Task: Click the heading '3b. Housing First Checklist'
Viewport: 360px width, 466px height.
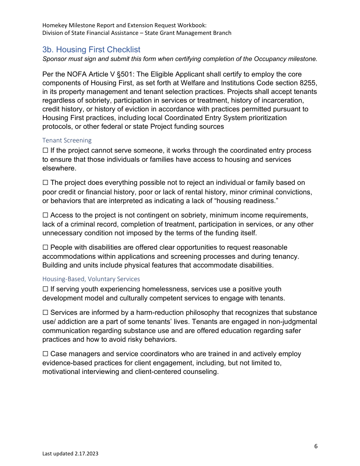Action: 91,50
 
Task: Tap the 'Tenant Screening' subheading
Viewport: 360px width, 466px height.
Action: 67,140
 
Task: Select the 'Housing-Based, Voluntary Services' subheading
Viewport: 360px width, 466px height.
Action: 91,279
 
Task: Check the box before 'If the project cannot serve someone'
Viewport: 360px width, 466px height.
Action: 45,151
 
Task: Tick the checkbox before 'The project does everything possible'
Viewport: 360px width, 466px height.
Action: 45,183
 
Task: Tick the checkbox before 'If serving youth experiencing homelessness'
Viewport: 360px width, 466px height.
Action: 45,289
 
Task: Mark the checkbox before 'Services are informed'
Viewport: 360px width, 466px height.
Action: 45,313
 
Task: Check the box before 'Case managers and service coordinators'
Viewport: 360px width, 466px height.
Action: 45,354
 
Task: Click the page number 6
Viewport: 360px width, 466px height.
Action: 316,446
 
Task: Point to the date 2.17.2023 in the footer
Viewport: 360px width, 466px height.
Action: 86,453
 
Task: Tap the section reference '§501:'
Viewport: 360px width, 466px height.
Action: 124,74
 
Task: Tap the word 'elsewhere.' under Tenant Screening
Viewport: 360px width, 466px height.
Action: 59,168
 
